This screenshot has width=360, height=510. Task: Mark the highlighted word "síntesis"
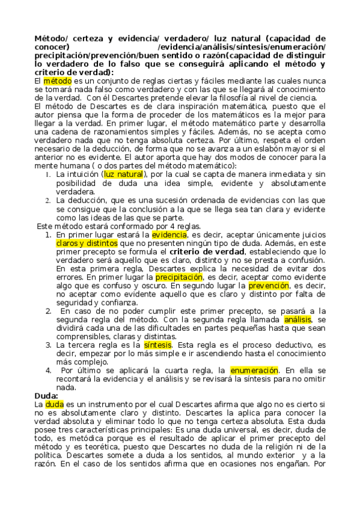(x=141, y=345)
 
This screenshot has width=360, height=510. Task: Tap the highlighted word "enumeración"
(x=255, y=371)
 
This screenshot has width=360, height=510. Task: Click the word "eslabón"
(x=272, y=149)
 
